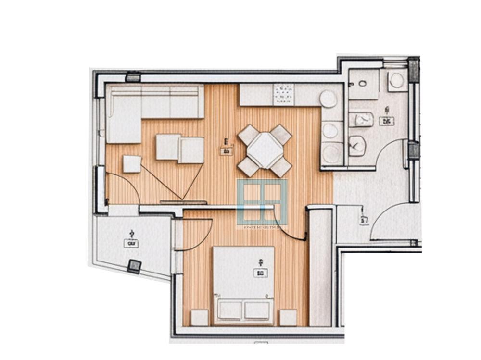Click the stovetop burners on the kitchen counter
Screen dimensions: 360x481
[283, 94]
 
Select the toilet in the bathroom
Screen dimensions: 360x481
[357, 145]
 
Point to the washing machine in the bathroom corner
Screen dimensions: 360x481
[397, 80]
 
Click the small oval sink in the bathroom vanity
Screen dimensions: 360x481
[362, 83]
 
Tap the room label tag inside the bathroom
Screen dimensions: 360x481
[386, 121]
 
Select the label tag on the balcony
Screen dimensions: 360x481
[131, 243]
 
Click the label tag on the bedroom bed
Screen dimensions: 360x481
[260, 273]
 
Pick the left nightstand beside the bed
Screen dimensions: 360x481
[199, 318]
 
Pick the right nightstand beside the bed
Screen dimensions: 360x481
[288, 318]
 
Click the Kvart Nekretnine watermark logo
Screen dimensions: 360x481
[262, 202]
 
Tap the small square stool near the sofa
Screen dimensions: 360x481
[132, 164]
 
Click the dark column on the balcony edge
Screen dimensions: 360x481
[134, 266]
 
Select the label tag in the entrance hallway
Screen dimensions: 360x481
[364, 221]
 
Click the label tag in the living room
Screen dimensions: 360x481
[227, 151]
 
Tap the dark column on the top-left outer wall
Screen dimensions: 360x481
[133, 77]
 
